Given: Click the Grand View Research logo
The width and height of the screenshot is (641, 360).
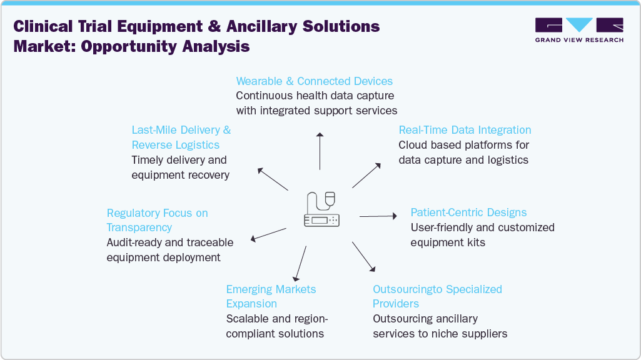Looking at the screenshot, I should [579, 30].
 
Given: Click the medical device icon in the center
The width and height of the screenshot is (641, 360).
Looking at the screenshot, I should [322, 210].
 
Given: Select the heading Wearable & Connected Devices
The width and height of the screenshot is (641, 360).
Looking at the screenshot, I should [314, 81].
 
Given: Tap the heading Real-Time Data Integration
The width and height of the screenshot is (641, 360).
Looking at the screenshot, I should [465, 130].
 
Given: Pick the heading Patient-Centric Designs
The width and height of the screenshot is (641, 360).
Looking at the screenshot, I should [468, 212].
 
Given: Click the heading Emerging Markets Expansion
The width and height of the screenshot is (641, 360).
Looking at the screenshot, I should [271, 296].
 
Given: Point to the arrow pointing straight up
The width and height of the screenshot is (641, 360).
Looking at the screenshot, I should [320, 151].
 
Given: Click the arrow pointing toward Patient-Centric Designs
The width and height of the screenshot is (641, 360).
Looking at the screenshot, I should [378, 216].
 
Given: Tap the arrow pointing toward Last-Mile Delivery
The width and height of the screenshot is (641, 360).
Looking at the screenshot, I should [273, 179].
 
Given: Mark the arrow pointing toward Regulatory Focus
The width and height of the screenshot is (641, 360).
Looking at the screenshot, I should [268, 234].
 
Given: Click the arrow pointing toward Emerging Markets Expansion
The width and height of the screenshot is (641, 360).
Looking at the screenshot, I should [300, 263].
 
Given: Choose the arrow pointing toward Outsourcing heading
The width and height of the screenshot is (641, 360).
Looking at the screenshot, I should [363, 256].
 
